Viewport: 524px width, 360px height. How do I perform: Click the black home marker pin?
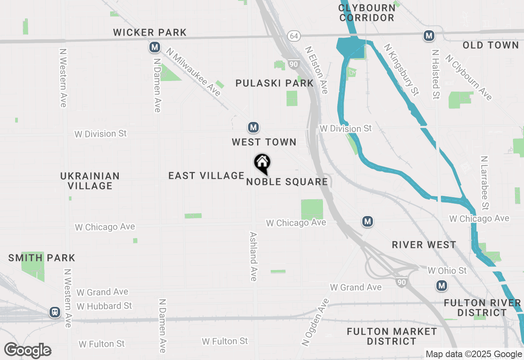coord(262,163)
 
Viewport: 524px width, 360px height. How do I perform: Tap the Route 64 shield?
coord(294,36)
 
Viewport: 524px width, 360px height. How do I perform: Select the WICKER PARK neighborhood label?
coord(150,32)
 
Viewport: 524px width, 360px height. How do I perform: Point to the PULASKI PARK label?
coord(275,83)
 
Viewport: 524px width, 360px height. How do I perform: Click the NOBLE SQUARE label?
coord(287,182)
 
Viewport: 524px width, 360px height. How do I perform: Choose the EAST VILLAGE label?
coord(206,175)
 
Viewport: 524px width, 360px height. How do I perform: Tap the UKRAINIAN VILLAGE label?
coord(90,181)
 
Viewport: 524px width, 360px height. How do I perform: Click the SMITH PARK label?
coord(42,258)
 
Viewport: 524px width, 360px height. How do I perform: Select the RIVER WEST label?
coord(424,245)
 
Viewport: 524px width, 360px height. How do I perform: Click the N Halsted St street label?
coord(436,74)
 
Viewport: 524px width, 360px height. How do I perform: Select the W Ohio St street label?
coord(447,270)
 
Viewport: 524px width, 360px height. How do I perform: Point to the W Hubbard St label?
coord(104,306)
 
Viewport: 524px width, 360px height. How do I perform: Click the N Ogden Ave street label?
coord(316,323)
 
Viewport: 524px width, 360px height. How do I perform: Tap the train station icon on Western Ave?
coord(54,313)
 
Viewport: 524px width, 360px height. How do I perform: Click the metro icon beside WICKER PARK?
coord(155,47)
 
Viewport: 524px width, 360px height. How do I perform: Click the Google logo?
coord(28,350)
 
